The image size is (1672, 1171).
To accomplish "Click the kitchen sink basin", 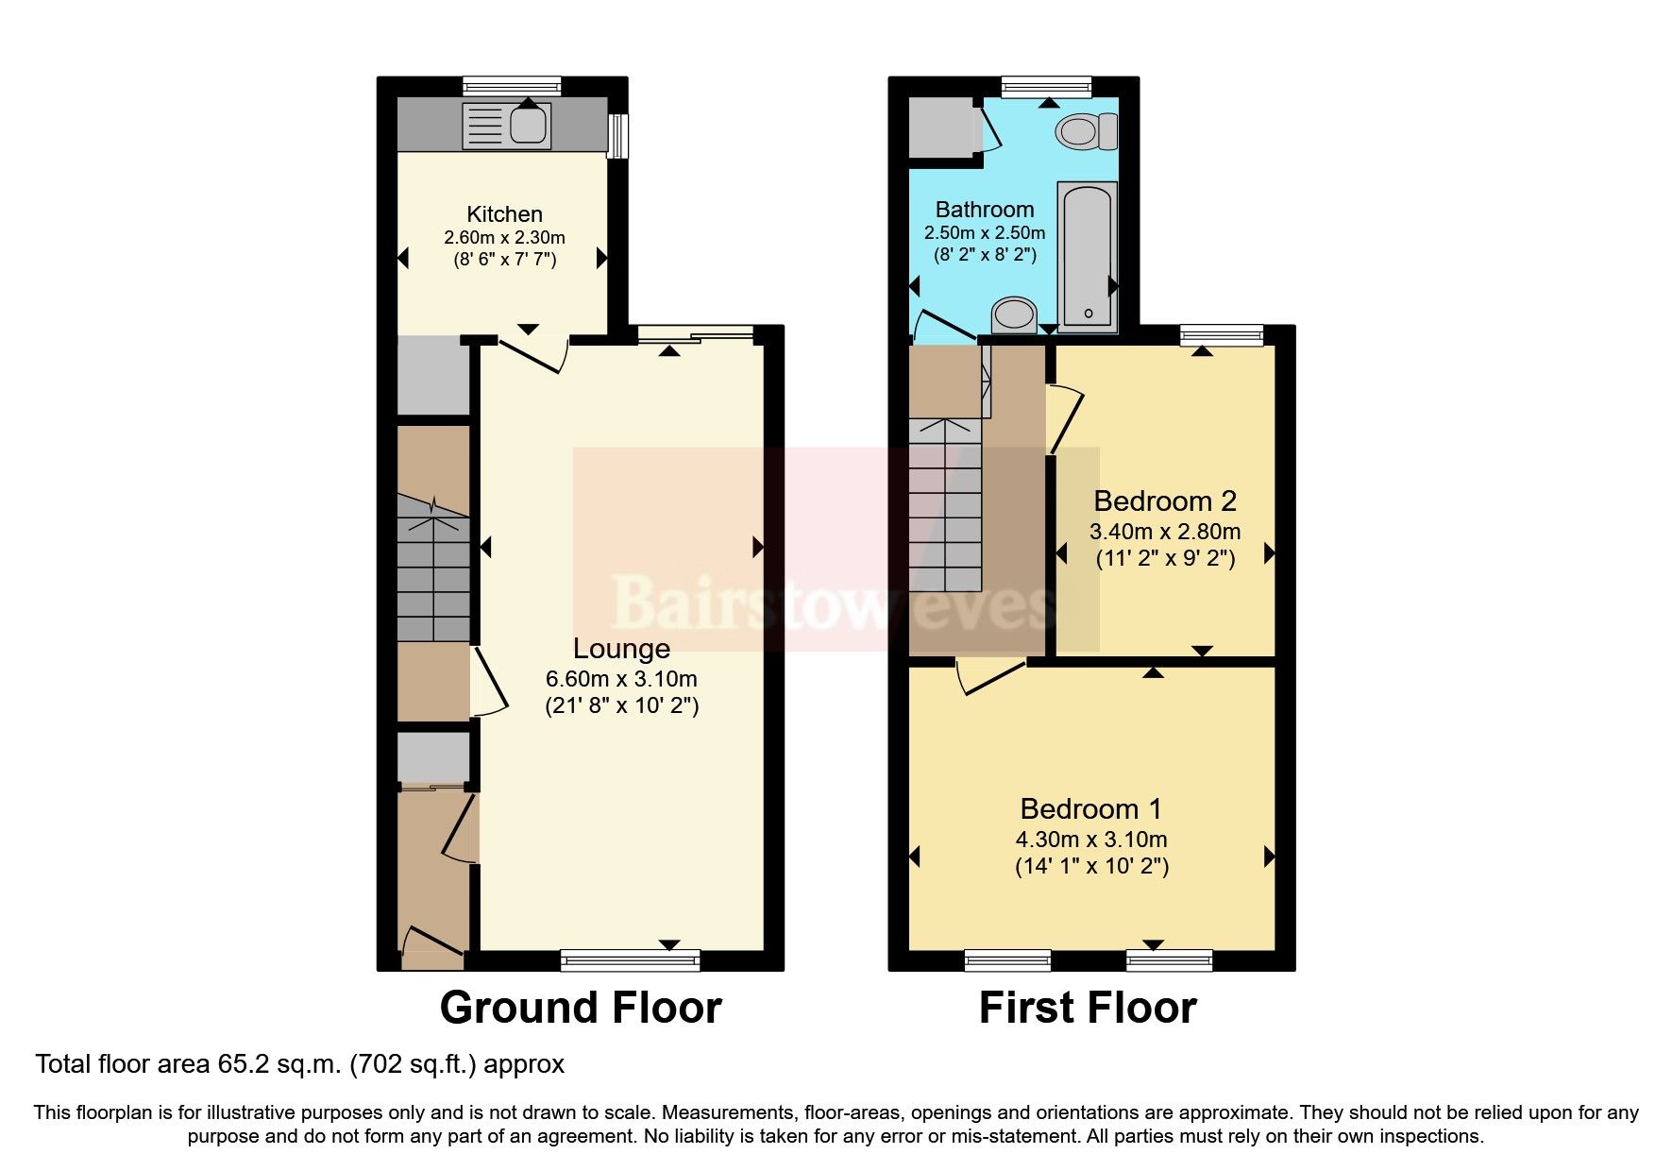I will (529, 126).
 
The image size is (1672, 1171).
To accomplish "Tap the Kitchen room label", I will (504, 213).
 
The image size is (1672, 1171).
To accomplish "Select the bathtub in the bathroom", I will (1087, 256).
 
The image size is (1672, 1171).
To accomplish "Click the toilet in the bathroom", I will (1087, 130).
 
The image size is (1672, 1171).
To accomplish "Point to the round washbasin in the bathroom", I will (1015, 314).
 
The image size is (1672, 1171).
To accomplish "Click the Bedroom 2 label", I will (1164, 501).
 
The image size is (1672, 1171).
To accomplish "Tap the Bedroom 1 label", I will (1090, 808).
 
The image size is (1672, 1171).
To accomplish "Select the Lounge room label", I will (621, 648).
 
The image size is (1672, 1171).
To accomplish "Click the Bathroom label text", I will (984, 209).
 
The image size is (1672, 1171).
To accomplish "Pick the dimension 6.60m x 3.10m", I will (621, 678).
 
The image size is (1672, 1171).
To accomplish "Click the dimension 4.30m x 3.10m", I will (1090, 839).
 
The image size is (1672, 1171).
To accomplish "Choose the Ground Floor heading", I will (581, 1008).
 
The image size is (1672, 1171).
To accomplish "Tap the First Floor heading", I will (1087, 1008).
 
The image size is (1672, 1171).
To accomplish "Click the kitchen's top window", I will (512, 87).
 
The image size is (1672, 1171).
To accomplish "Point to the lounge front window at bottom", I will (630, 959).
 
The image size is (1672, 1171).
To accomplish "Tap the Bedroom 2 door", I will (1064, 418).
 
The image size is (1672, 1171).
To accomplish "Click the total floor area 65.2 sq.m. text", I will (299, 1064).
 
